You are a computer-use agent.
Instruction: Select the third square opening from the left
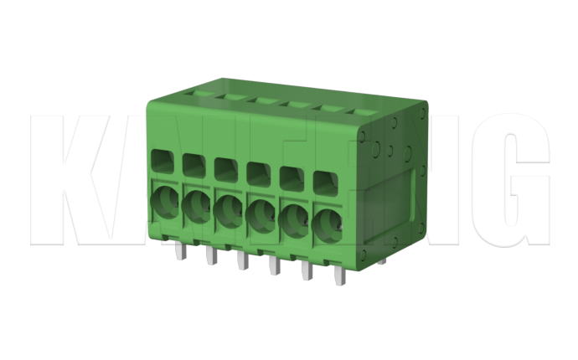click(x=224, y=168)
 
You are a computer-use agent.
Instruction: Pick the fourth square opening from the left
click(x=256, y=172)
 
